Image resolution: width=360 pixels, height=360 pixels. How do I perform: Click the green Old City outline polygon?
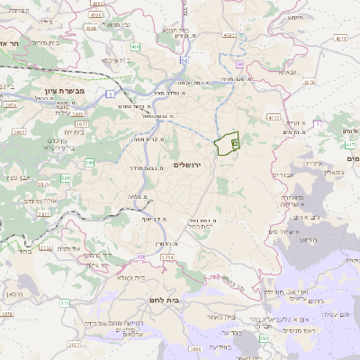coord(228,144)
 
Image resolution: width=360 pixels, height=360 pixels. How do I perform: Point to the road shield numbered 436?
coord(135,46)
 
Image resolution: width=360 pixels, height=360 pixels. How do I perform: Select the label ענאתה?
coord(287,72)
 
